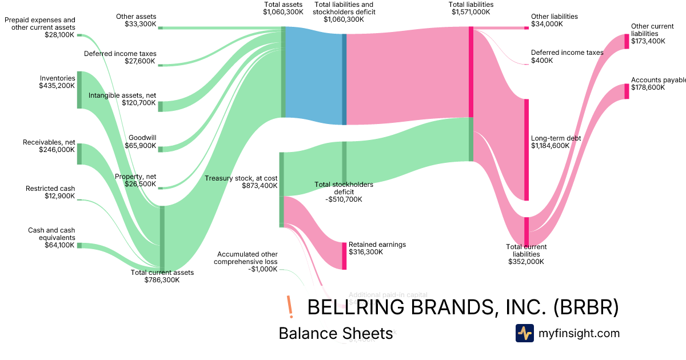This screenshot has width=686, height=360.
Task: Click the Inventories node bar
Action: tap(79, 90)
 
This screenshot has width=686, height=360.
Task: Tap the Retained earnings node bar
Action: tap(344, 255)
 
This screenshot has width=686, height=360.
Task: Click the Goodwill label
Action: tap(142, 138)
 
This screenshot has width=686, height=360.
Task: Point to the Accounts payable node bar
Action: tap(627, 91)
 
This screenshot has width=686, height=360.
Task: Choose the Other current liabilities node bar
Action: tap(627, 41)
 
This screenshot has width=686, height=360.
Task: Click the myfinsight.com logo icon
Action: tap(524, 333)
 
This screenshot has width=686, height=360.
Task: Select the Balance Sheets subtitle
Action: tap(336, 333)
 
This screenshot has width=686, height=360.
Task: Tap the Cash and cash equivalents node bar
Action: tap(79, 245)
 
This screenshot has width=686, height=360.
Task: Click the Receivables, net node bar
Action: tap(79, 154)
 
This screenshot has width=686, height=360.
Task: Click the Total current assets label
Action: tap(162, 273)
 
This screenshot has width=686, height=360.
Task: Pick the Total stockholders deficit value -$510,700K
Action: tap(344, 199)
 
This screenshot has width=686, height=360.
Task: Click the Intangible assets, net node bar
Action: tap(161, 106)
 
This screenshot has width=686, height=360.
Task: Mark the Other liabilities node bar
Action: tap(527, 27)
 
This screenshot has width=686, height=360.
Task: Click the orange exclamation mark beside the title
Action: tap(290, 307)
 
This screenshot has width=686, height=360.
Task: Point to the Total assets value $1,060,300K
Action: tap(283, 11)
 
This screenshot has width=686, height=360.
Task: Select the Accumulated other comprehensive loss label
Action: tap(246, 258)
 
